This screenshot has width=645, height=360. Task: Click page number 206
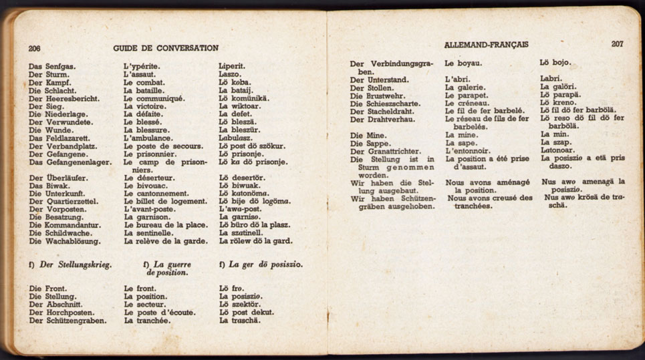point(34,48)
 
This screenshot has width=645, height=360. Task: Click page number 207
point(617,44)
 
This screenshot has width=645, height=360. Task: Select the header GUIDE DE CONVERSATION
point(166,48)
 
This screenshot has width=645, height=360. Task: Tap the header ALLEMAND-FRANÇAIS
point(486,44)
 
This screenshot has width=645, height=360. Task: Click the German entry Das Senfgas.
point(52,66)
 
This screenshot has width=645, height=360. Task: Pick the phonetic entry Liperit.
point(232,66)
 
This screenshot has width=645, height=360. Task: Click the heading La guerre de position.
point(167,268)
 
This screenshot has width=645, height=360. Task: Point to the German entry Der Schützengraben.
point(68,321)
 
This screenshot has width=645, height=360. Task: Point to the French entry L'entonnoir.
point(467,151)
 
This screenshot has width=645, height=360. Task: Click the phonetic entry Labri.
point(551,79)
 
